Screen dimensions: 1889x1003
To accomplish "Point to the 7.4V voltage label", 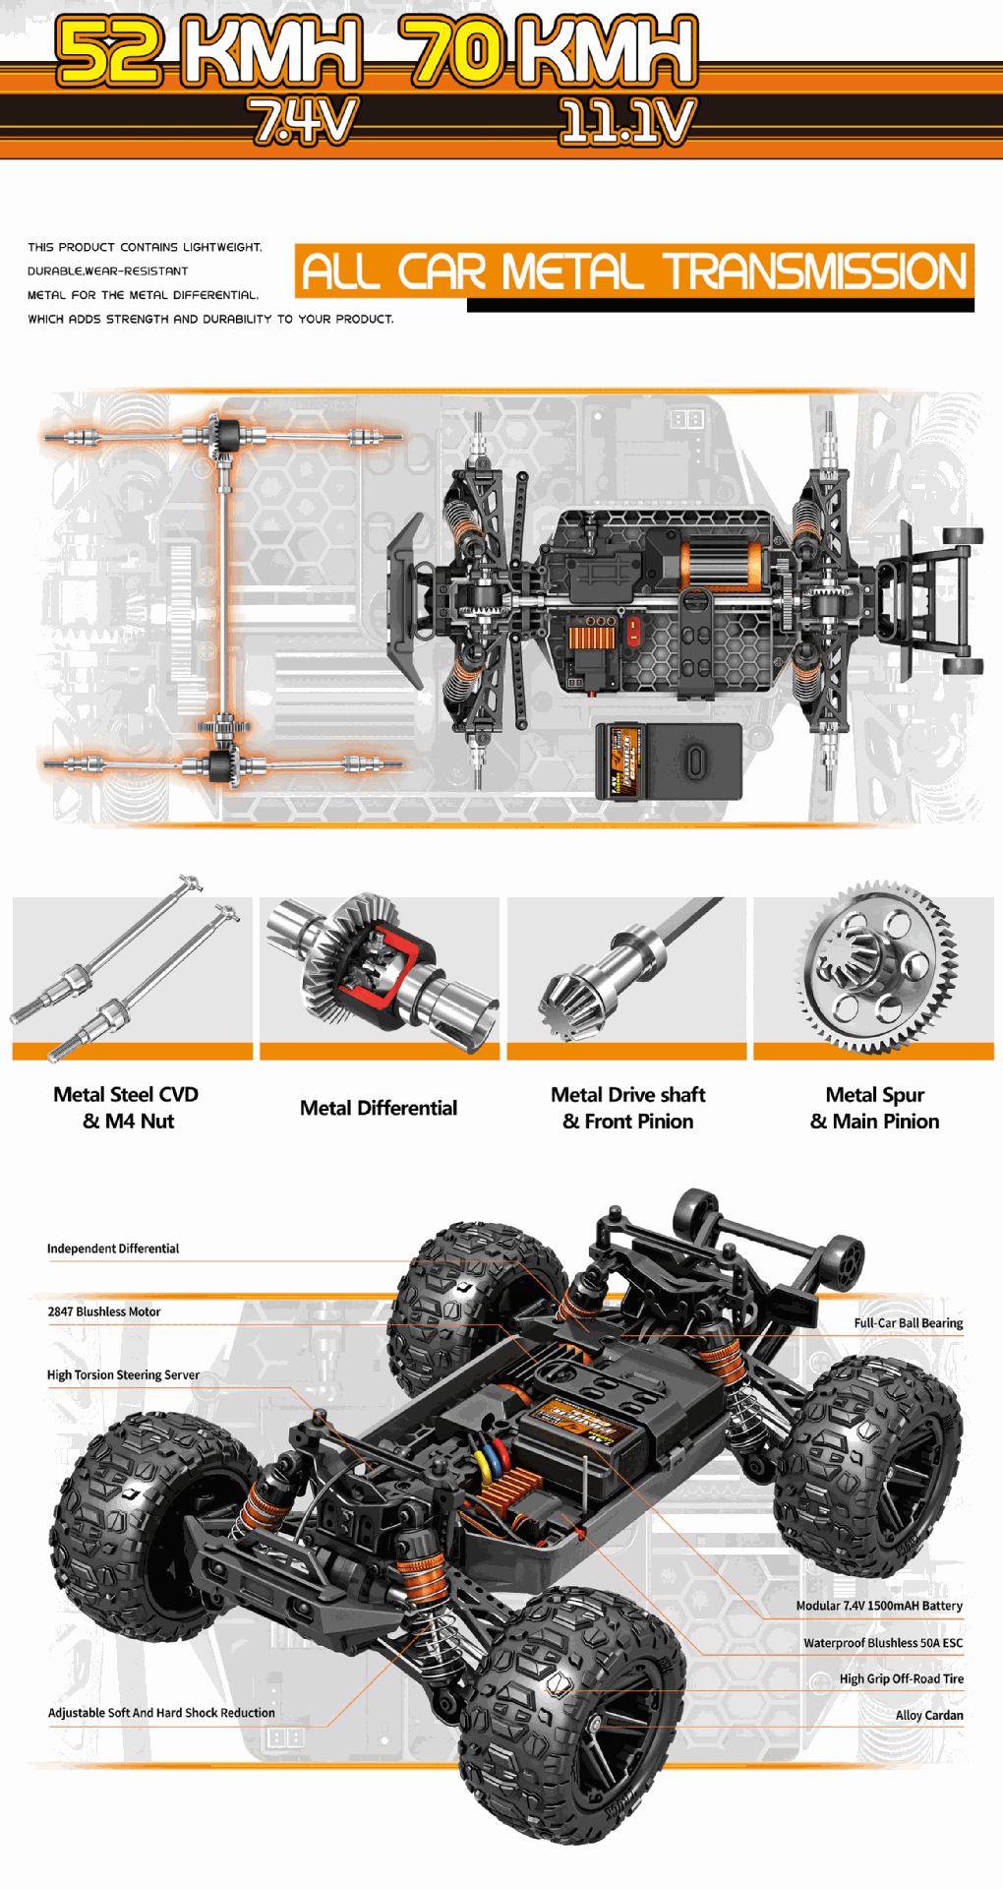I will pyautogui.click(x=302, y=122).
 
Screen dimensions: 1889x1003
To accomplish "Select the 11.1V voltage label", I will pyautogui.click(x=626, y=122).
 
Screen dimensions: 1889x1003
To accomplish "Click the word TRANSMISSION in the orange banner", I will pyautogui.click(x=815, y=272).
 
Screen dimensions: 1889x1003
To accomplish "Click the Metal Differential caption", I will pyautogui.click(x=379, y=1108).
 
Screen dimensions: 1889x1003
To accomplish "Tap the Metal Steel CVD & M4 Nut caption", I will pyautogui.click(x=127, y=1108).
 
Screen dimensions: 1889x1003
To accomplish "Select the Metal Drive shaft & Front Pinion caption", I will pyautogui.click(x=628, y=1108).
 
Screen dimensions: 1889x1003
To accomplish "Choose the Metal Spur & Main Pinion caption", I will pyautogui.click(x=874, y=1108).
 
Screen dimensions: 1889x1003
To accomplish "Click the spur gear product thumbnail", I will pyautogui.click(x=875, y=969).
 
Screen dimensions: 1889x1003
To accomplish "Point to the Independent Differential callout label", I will pyautogui.click(x=113, y=1249).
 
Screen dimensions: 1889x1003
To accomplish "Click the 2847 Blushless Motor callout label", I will pyautogui.click(x=104, y=1311).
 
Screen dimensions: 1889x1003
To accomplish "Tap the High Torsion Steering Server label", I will pyautogui.click(x=123, y=1375).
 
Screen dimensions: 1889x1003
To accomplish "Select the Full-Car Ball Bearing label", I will pyautogui.click(x=908, y=1323).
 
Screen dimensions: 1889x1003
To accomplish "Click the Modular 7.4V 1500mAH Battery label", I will pyautogui.click(x=879, y=1606).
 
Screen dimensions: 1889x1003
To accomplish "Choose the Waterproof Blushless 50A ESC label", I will pyautogui.click(x=883, y=1643).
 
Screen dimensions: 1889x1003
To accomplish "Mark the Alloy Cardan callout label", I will pyautogui.click(x=929, y=1715).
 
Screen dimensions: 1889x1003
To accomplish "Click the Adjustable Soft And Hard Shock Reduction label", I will pyautogui.click(x=161, y=1713).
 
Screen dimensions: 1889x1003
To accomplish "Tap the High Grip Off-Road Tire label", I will pyautogui.click(x=901, y=1678).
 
